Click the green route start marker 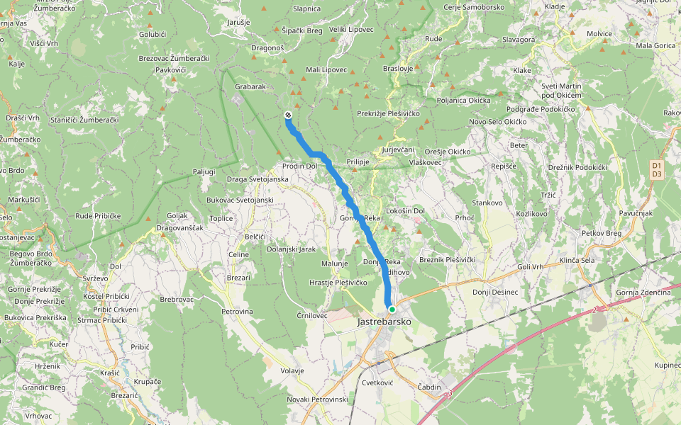(x=392, y=309)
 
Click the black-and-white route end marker (x=288, y=115)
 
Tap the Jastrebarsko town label (x=384, y=322)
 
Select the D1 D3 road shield (x=656, y=169)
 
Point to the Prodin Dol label (x=299, y=166)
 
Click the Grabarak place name (x=250, y=86)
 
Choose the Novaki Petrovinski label (x=317, y=399)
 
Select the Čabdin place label (x=428, y=387)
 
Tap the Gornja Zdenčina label (x=643, y=293)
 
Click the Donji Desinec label (x=495, y=292)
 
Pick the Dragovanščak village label (x=180, y=228)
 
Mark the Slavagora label (x=518, y=40)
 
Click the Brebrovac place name (x=177, y=300)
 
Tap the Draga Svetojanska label (x=258, y=179)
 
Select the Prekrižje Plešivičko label (x=389, y=113)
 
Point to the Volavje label (x=292, y=370)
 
